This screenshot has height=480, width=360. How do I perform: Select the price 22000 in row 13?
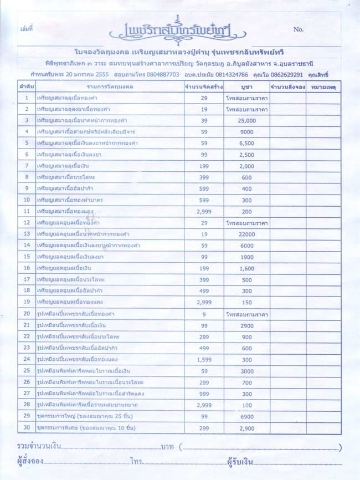pyautogui.click(x=247, y=234)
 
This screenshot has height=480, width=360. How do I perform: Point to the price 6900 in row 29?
pyautogui.click(x=247, y=416)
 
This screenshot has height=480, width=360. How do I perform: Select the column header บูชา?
pyautogui.click(x=247, y=87)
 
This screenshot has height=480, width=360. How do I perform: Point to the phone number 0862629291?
pyautogui.click(x=285, y=74)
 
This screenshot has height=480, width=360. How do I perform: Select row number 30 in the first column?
pyautogui.click(x=27, y=427)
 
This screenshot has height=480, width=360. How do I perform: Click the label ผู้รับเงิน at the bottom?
pyautogui.click(x=239, y=462)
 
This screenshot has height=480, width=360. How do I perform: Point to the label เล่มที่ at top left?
pyautogui.click(x=27, y=28)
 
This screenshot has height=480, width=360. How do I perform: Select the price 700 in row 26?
pyautogui.click(x=247, y=382)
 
